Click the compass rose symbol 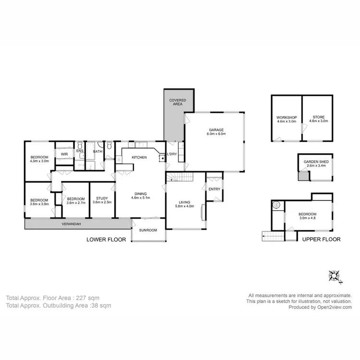pyautogui.click(x=334, y=276)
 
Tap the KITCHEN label pyautogui.click(x=139, y=157)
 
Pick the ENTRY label pyautogui.click(x=214, y=189)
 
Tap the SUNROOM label pyautogui.click(x=148, y=230)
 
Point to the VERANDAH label pyautogui.click(x=70, y=224)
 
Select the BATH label pyautogui.click(x=97, y=152)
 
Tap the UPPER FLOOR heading pyautogui.click(x=321, y=239)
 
